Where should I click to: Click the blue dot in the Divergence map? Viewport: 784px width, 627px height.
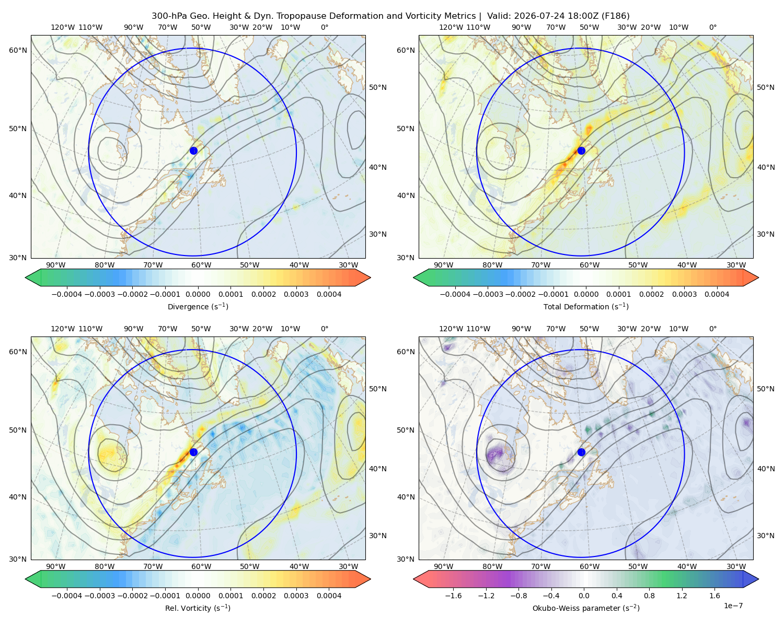(x=193, y=150)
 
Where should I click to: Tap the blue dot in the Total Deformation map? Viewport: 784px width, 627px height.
(x=581, y=150)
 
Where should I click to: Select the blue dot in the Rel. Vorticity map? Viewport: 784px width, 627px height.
(x=193, y=452)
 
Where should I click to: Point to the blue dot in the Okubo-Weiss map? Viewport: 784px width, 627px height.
(x=581, y=452)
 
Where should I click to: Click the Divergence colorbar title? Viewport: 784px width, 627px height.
(x=198, y=306)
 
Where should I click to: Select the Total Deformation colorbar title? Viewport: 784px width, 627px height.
(x=586, y=306)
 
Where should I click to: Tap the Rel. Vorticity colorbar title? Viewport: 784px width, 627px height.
(x=198, y=608)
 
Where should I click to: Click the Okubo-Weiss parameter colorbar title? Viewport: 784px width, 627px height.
(x=586, y=608)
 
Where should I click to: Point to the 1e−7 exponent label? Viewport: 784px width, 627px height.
(x=733, y=606)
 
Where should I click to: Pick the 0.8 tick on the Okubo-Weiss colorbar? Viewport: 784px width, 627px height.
(x=649, y=596)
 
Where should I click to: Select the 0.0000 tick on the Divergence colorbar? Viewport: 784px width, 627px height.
(x=198, y=294)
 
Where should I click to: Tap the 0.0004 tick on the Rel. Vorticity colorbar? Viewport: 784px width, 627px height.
(x=329, y=596)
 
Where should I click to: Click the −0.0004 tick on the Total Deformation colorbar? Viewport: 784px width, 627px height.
(x=455, y=294)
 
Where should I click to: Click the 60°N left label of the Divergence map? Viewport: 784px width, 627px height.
(x=18, y=50)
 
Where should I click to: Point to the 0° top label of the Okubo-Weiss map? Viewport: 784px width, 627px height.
(x=712, y=329)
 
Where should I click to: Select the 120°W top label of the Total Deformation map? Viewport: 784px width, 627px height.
(x=451, y=27)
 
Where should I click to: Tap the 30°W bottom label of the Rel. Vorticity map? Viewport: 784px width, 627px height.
(x=348, y=566)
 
